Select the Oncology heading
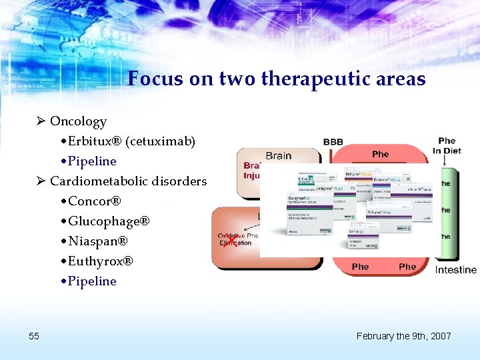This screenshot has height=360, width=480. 78,121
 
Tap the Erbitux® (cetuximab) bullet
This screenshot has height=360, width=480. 131,141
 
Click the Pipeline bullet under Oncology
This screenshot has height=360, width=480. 92,161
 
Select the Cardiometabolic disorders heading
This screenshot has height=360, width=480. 128,181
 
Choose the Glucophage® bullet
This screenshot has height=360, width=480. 109,221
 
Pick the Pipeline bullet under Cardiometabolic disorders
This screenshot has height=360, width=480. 92,281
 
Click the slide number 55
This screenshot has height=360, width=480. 34,336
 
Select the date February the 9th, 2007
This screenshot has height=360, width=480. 403,336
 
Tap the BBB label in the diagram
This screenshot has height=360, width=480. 333,142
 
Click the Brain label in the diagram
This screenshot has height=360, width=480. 279,155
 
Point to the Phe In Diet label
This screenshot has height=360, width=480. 447,145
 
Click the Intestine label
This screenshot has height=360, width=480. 456,270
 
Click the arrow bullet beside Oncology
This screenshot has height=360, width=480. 41,121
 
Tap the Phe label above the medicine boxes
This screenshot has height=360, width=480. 380,154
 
